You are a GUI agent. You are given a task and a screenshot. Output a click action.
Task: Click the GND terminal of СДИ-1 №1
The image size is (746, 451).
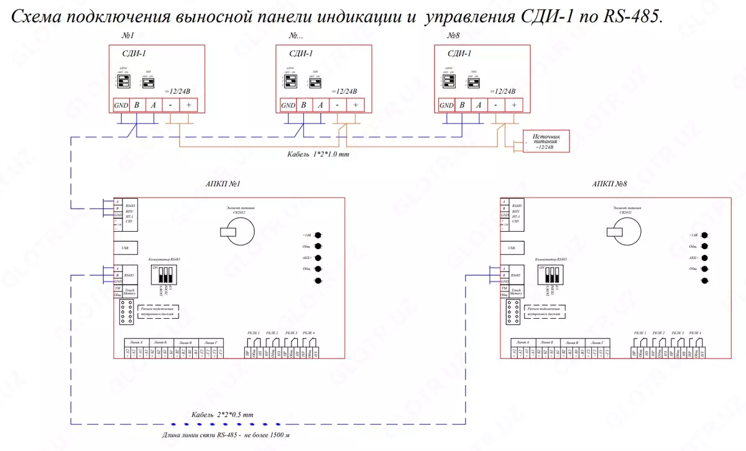pyautogui.click(x=121, y=106)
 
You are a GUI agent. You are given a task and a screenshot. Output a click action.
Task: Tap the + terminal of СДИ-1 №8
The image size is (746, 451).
pyautogui.click(x=514, y=106)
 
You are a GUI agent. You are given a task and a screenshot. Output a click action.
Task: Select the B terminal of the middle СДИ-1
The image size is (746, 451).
pyautogui.click(x=303, y=106)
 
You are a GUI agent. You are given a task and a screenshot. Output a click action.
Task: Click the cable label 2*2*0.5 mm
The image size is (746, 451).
pyautogui.click(x=223, y=414)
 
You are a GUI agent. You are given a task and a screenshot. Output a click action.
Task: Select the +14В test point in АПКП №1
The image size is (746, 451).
pyautogui.click(x=318, y=235)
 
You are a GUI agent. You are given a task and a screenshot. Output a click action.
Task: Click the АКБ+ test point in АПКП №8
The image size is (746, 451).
pyautogui.click(x=704, y=258)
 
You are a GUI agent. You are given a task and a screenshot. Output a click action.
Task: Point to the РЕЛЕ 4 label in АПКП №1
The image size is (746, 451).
pyautogui.click(x=309, y=334)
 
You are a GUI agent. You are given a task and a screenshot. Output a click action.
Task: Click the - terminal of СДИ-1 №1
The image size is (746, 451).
pyautogui.click(x=170, y=106)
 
